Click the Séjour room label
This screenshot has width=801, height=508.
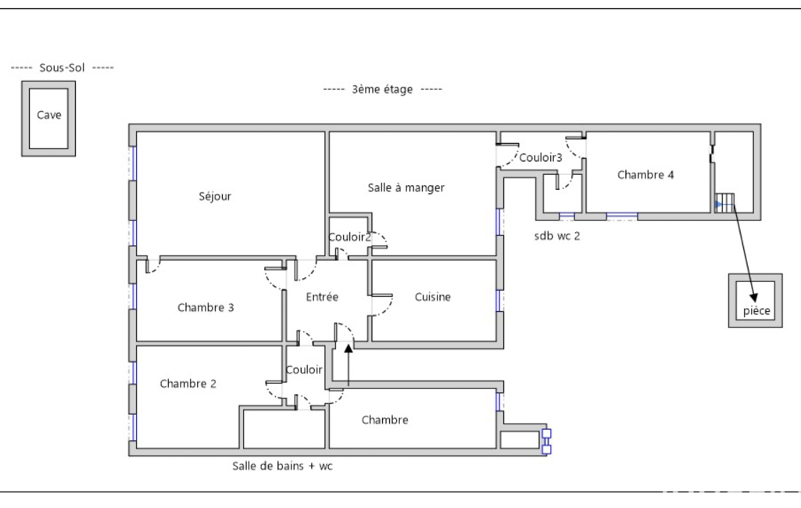point(215,196)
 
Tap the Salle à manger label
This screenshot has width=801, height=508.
point(406,188)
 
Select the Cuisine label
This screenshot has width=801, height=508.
point(433,297)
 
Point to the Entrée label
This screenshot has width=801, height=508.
point(322,297)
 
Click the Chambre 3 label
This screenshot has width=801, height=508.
point(206,308)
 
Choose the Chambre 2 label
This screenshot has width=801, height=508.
point(188,384)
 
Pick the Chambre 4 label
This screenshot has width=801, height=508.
point(645,175)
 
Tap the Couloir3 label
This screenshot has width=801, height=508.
point(541,157)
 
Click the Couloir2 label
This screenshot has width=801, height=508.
point(349,237)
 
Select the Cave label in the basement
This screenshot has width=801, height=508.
point(49,115)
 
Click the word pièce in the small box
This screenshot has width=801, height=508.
point(756,311)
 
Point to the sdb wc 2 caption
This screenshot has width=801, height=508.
point(557,236)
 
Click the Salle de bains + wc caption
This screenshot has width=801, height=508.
point(282,466)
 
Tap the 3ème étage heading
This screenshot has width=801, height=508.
point(382,89)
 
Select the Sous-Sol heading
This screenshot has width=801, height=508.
point(62,67)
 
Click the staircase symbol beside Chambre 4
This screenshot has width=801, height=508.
point(724,202)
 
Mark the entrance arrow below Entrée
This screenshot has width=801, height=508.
point(349,365)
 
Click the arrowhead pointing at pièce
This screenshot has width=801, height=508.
point(753,298)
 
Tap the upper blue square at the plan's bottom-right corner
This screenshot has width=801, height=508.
point(546,434)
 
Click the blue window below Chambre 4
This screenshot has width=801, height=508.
point(622,216)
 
